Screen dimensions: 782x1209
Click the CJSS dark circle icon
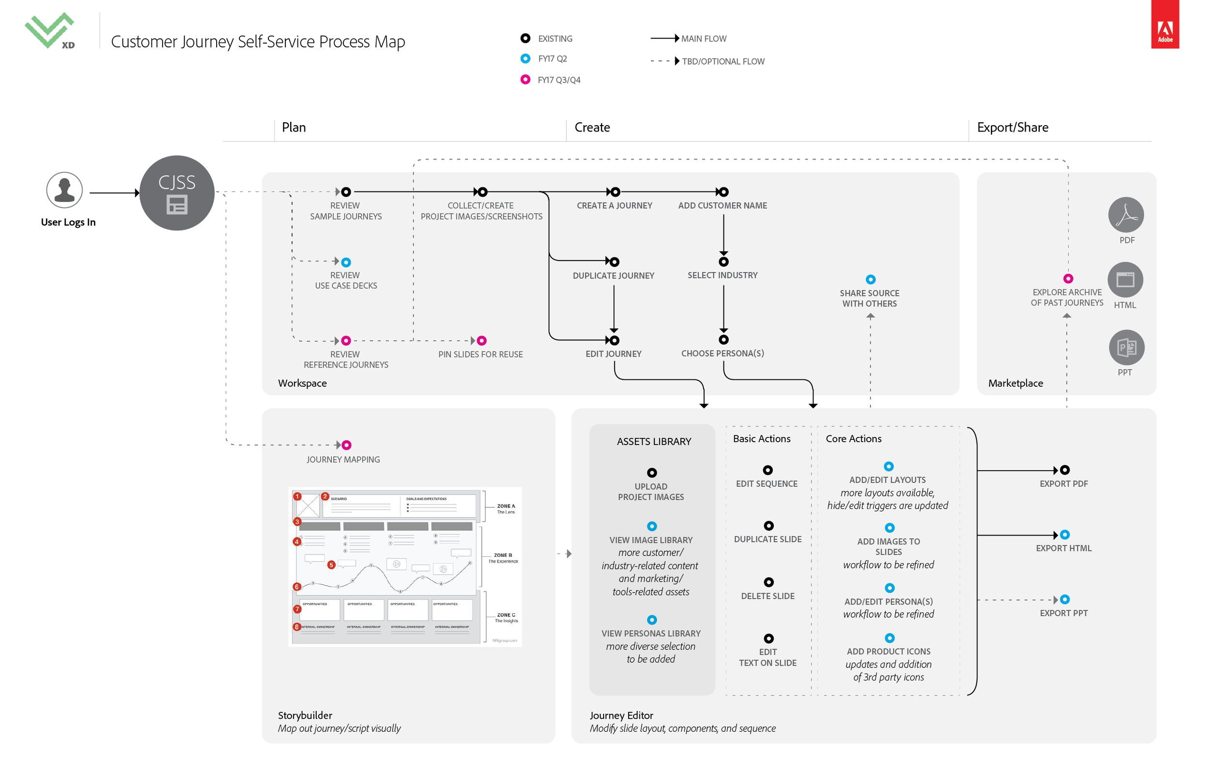[x=177, y=193]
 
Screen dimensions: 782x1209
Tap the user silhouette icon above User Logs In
[x=64, y=190]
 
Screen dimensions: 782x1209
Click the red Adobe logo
[x=1165, y=24]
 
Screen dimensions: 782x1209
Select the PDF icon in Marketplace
[x=1126, y=215]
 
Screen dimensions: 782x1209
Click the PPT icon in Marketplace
[x=1126, y=348]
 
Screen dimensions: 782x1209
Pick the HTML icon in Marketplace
[x=1125, y=280]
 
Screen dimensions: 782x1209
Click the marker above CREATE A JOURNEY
[x=615, y=192]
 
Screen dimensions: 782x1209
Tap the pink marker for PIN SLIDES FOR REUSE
[x=482, y=341]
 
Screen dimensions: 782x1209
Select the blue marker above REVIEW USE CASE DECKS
[x=346, y=262]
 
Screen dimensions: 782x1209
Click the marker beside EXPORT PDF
[x=1065, y=470]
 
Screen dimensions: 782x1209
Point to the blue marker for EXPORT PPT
[x=1065, y=600]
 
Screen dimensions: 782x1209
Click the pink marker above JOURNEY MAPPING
[x=346, y=445]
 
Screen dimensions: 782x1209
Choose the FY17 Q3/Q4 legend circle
[x=525, y=80]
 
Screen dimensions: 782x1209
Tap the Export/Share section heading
[x=1012, y=128]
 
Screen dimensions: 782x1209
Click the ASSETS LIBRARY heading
[x=654, y=442]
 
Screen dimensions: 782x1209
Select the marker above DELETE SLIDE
[x=768, y=582]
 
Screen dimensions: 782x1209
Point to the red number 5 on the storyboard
[x=331, y=565]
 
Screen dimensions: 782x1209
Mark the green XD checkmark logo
[x=50, y=30]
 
